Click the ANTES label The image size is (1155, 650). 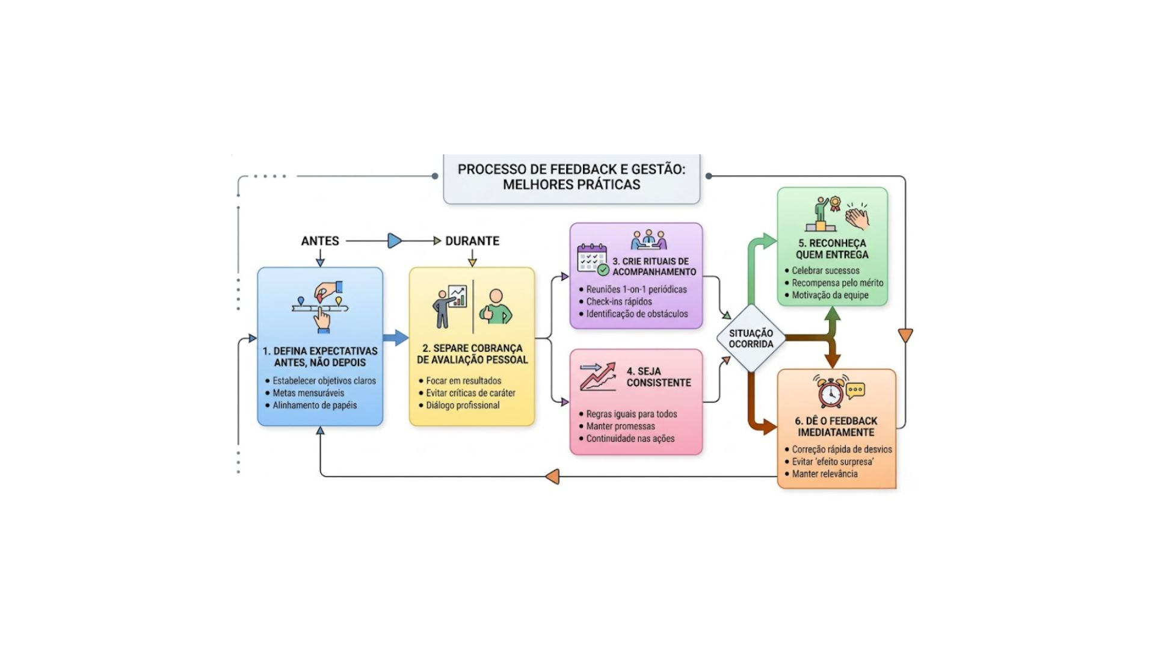tap(320, 241)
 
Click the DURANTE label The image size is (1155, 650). tap(472, 241)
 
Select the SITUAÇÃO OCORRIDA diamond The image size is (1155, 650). tap(751, 338)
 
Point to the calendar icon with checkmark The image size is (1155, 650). tap(593, 259)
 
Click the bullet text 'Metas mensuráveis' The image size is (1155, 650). tap(308, 393)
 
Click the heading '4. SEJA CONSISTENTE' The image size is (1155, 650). tap(658, 377)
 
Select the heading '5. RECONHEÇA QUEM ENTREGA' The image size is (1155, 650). tap(832, 249)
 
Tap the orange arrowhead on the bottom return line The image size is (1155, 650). tap(552, 477)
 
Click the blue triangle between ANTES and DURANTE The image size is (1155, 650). tap(395, 241)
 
